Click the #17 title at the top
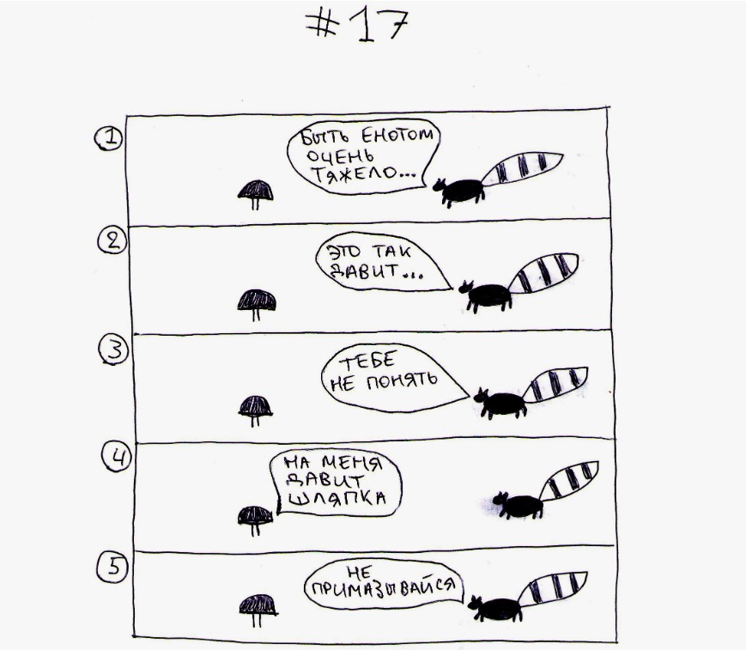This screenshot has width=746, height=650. click(357, 25)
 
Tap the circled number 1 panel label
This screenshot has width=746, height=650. click(108, 138)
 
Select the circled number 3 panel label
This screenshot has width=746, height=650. click(113, 349)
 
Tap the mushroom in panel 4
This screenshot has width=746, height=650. click(256, 520)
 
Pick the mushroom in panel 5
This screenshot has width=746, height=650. click(258, 610)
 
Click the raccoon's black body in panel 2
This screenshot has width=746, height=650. click(489, 295)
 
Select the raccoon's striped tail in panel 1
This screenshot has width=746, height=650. click(523, 168)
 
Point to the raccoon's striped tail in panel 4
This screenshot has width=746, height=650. click(569, 480)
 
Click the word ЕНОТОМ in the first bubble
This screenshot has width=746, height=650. click(397, 136)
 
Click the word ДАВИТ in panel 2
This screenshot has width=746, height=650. click(364, 271)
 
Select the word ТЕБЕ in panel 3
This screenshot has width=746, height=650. click(367, 361)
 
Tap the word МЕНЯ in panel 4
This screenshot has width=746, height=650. click(352, 463)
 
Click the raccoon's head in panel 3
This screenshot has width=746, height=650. click(481, 397)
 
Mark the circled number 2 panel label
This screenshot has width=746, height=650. click(112, 240)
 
